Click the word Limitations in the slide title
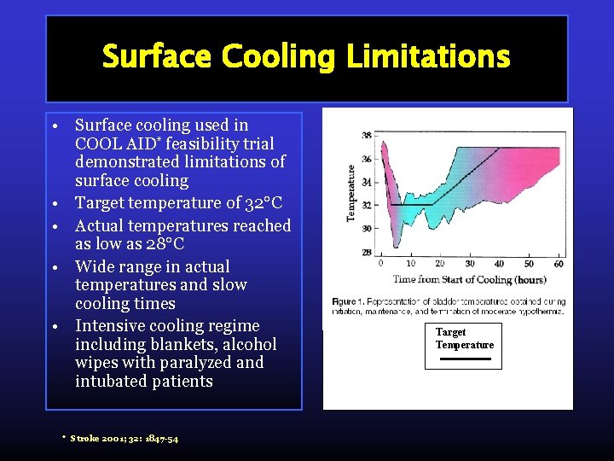427,58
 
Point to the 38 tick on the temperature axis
366,136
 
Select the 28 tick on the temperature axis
366,253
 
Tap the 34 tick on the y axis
366,183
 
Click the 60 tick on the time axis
558,264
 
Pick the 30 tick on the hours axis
469,264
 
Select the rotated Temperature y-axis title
350,194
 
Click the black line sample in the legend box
464,359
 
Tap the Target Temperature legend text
464,338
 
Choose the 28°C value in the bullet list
162,244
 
